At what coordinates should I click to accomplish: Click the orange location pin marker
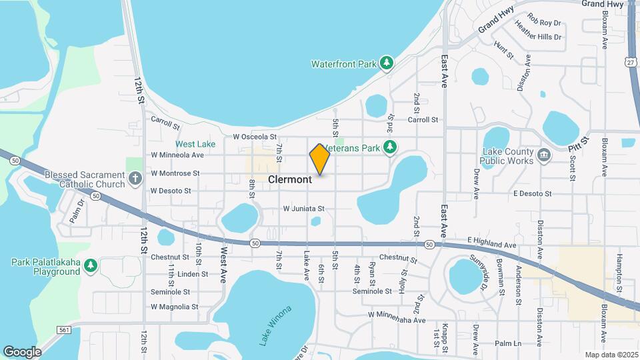point(320,159)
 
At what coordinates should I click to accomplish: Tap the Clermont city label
point(290,180)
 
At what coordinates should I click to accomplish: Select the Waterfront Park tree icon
point(387,63)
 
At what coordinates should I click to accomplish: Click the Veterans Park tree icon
point(393,147)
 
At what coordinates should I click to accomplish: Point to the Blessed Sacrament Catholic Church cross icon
point(135,179)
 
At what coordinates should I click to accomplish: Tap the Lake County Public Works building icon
point(544,155)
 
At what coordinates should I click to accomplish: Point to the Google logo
point(22,351)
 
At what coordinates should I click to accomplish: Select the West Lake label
point(195,144)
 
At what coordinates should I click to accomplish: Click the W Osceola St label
point(254,137)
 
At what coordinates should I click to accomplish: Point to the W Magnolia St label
point(174,307)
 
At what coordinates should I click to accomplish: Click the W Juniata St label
point(303,209)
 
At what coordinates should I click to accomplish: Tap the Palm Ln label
point(508,343)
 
